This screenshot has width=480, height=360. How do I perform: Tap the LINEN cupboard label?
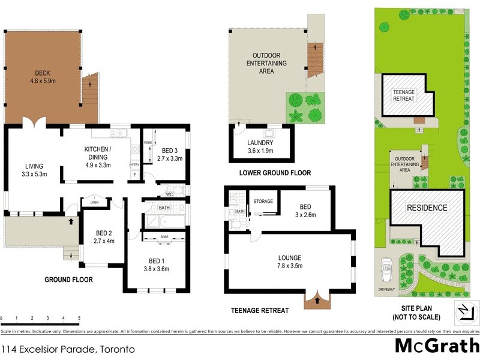pyautogui.click(x=94, y=203)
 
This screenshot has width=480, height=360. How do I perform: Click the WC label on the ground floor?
pyautogui.click(x=170, y=194)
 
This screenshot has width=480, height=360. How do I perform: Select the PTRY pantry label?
pyautogui.click(x=135, y=164)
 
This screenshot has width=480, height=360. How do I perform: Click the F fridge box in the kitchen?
pyautogui.click(x=134, y=175)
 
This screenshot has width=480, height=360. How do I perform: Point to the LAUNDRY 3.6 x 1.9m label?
pyautogui.click(x=260, y=146)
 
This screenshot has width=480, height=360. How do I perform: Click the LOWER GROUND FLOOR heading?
pyautogui.click(x=275, y=173)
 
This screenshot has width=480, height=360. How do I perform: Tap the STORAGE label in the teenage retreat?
pyautogui.click(x=263, y=201)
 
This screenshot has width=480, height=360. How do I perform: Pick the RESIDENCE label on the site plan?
pyautogui.click(x=428, y=208)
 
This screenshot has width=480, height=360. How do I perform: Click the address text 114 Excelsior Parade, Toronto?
pyautogui.click(x=67, y=349)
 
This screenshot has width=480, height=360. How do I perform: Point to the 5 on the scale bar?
pyautogui.click(x=79, y=318)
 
